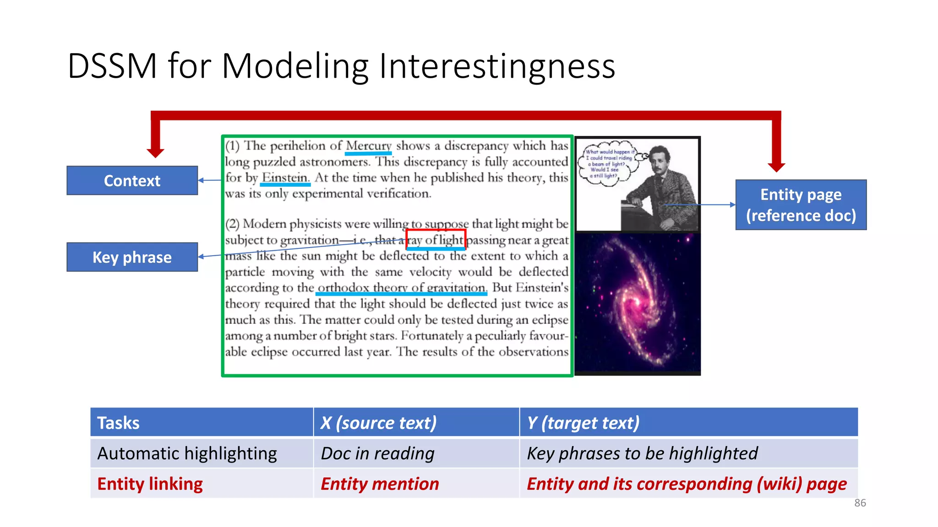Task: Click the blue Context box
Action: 132,181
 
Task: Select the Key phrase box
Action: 132,257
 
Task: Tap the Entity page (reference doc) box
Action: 801,205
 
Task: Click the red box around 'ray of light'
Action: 436,240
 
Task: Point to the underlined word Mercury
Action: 368,146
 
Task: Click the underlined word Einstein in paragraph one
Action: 285,177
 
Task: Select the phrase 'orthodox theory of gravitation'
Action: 402,288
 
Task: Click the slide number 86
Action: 860,503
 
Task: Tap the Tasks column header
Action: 202,422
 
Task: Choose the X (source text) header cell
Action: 416,422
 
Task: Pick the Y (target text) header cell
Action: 688,422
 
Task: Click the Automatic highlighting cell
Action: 202,453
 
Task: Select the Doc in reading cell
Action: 416,453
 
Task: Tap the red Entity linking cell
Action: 202,484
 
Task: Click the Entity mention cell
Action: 416,484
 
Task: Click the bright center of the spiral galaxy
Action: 638,302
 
